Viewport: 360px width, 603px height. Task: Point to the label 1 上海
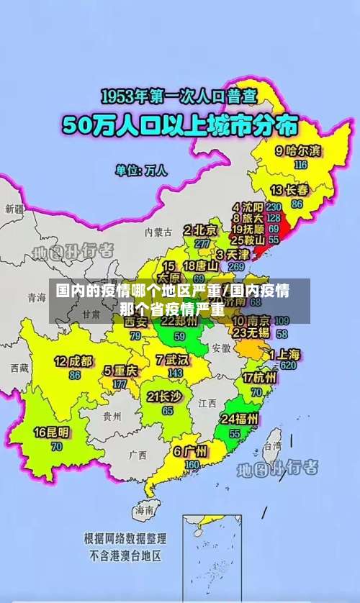tap(284, 354)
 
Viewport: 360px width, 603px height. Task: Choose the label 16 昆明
tap(52, 432)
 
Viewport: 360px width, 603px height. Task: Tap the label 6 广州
tap(190, 452)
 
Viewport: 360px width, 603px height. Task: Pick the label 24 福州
tap(240, 419)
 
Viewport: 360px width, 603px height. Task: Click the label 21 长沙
tap(164, 396)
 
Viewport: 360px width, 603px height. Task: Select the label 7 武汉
tap(172, 359)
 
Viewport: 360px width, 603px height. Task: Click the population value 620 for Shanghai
tap(289, 366)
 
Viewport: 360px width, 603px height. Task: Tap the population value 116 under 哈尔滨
tap(300, 164)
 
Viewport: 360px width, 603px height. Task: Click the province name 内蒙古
tap(158, 232)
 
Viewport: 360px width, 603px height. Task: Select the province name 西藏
tap(19, 368)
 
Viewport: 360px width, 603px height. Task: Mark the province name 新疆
tap(14, 209)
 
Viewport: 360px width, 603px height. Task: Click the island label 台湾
tap(272, 446)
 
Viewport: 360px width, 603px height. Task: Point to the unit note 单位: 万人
tap(141, 171)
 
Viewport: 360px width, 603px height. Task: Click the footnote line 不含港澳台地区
tap(125, 556)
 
